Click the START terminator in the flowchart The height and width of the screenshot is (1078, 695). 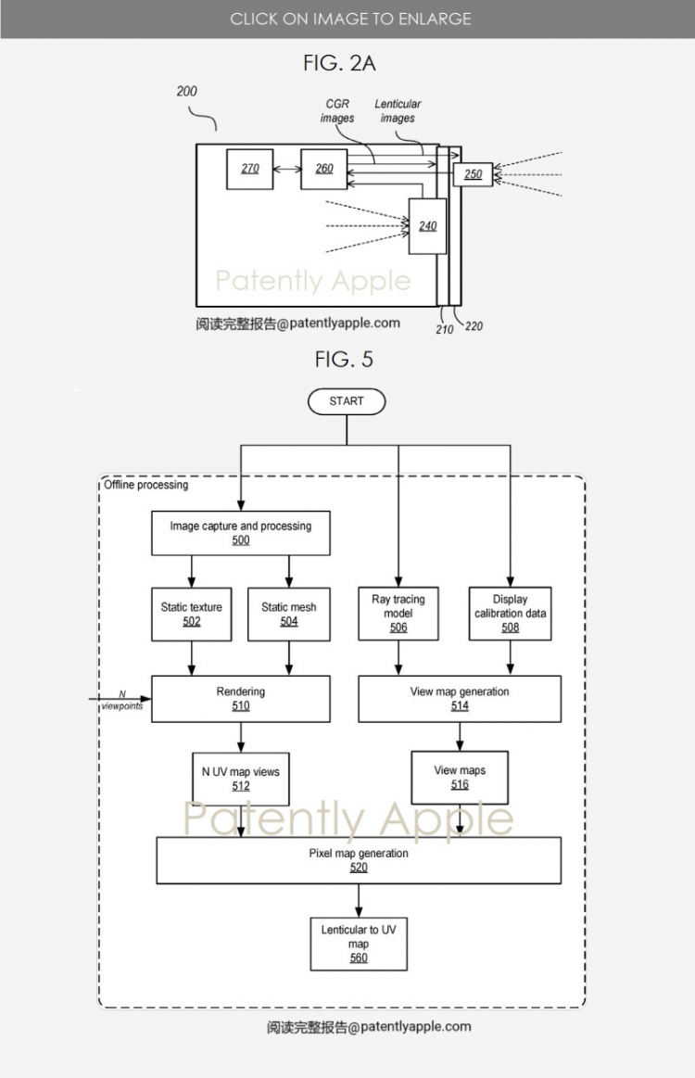[x=347, y=401]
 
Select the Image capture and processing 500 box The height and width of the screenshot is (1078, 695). [x=241, y=533]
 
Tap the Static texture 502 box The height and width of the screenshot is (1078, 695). [x=192, y=614]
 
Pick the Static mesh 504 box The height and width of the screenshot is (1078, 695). [x=289, y=614]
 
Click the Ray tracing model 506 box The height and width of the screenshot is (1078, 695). [x=398, y=614]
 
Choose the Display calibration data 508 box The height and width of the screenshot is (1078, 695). [x=510, y=614]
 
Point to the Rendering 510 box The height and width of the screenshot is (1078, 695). [x=241, y=699]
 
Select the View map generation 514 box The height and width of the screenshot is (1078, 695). [x=460, y=699]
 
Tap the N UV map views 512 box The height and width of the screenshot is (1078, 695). [x=241, y=779]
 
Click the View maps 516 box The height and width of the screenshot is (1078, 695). [x=460, y=778]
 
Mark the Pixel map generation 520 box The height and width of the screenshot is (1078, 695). [x=359, y=860]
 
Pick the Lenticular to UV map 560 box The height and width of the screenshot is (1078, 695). [x=359, y=944]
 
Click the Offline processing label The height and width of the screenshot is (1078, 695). [x=145, y=485]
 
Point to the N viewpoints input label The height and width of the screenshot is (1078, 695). [x=122, y=700]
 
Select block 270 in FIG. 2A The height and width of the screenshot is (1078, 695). [x=250, y=169]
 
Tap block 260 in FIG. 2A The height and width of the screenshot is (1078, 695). [x=324, y=169]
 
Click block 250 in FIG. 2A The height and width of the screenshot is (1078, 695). [x=473, y=174]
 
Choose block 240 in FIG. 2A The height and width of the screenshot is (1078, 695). [x=427, y=226]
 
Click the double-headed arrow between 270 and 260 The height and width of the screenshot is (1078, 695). [x=287, y=169]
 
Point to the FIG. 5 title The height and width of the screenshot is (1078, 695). [x=344, y=359]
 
